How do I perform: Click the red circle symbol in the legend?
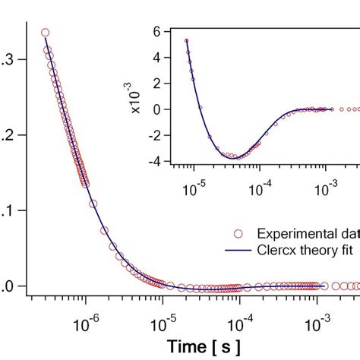point(239,232)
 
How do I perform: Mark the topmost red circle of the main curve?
point(45,33)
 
